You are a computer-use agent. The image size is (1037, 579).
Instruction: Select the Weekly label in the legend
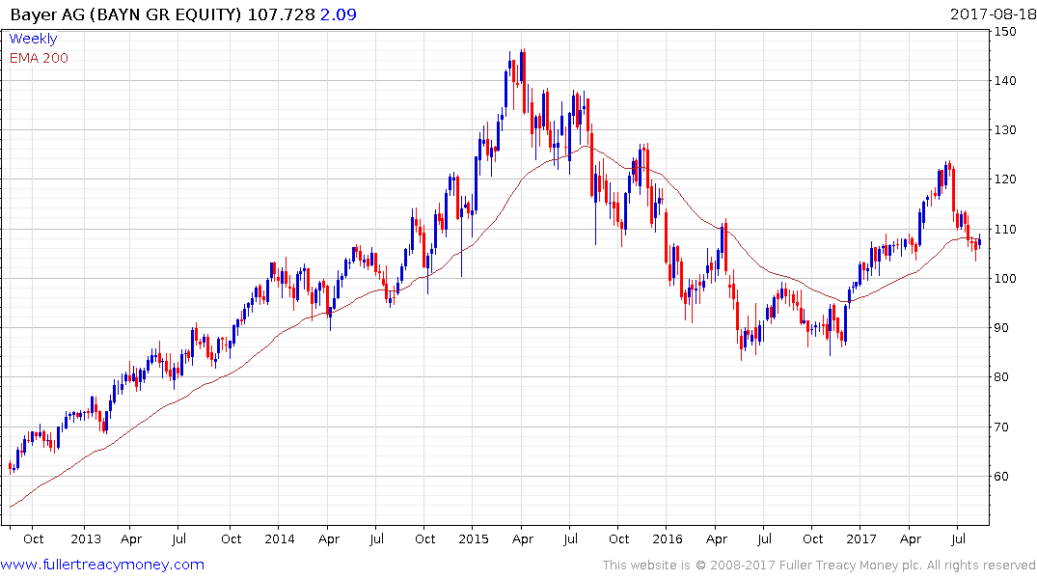click(x=33, y=39)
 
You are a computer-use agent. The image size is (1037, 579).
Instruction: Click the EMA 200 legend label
click(x=39, y=58)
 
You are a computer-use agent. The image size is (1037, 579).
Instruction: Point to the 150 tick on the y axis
click(x=1008, y=31)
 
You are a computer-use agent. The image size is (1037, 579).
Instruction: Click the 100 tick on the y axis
click(x=1008, y=279)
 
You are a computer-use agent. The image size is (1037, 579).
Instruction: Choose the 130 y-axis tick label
click(x=1008, y=130)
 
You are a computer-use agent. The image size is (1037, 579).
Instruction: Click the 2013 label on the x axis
click(x=85, y=538)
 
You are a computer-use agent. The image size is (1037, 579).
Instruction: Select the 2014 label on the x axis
click(x=279, y=538)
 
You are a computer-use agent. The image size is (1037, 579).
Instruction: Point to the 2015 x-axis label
click(x=473, y=538)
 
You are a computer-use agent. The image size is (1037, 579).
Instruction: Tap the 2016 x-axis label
click(x=668, y=538)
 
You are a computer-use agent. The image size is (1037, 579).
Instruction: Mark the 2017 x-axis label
click(x=861, y=538)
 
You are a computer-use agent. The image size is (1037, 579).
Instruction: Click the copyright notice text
click(x=819, y=565)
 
